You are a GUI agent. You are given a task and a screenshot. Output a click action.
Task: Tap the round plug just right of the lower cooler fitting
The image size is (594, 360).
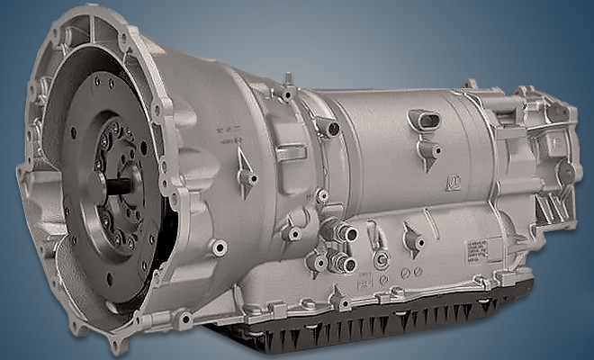pyautogui.click(x=381, y=262)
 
